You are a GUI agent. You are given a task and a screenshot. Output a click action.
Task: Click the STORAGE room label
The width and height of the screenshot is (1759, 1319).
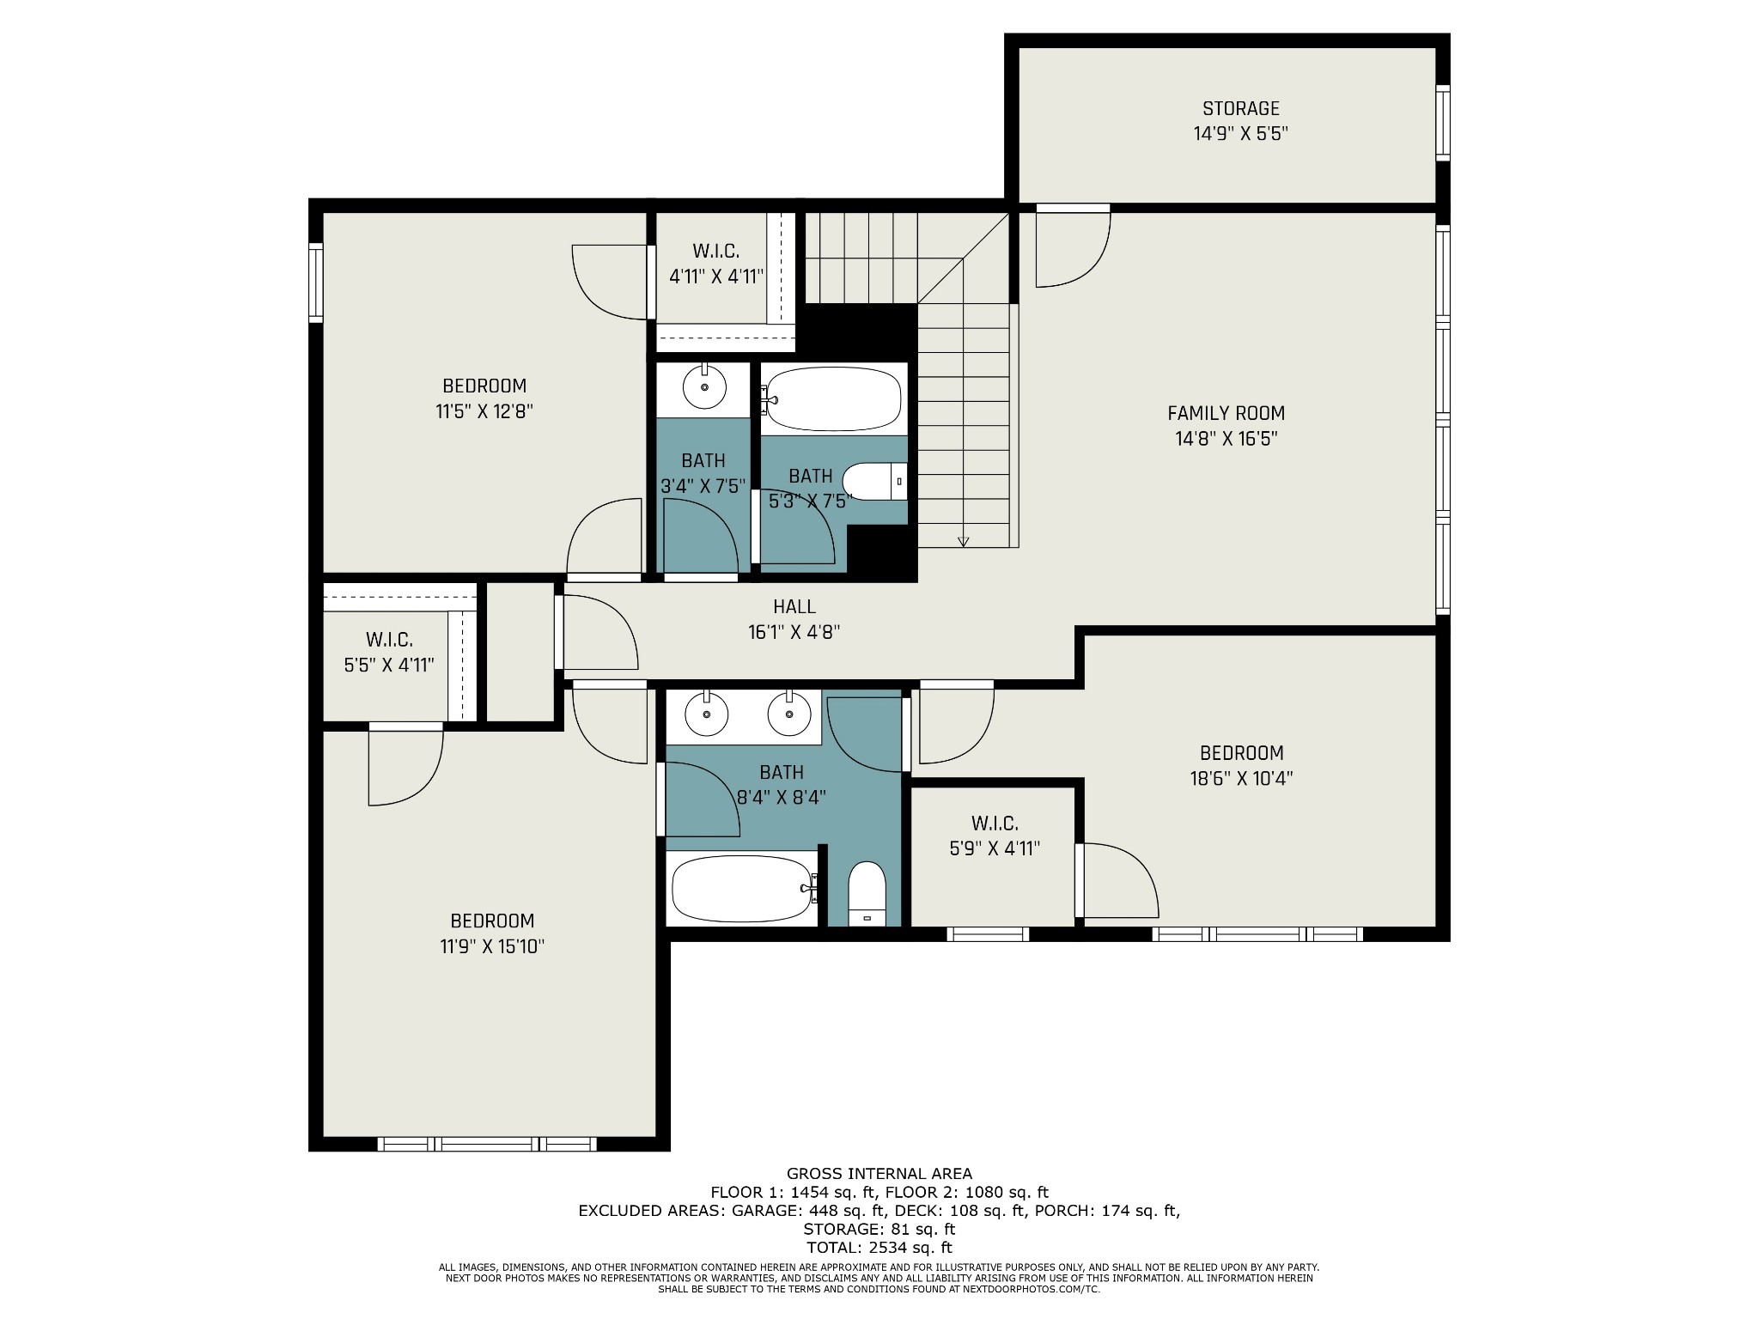[1240, 108]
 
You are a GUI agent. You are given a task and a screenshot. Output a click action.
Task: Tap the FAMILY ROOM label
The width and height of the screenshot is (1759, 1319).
[1226, 413]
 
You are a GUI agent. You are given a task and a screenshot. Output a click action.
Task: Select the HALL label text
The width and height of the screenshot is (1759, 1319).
[794, 607]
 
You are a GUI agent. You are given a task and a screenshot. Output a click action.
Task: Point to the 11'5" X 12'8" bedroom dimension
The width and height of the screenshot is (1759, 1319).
[484, 411]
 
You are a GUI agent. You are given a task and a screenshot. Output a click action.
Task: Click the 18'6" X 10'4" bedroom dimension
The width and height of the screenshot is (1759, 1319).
[1241, 778]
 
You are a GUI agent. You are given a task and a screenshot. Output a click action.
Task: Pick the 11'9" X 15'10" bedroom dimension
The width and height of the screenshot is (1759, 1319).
[492, 946]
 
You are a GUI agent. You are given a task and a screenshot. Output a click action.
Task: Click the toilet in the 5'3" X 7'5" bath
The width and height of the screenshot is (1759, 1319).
[874, 482]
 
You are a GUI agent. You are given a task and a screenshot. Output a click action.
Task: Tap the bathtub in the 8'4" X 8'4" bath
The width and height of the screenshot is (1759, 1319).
[744, 889]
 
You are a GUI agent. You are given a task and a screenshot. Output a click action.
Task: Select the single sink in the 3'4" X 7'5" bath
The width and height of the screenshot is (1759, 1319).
[704, 388]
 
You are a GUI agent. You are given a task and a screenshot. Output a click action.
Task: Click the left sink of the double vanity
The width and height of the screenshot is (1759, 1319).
[707, 714]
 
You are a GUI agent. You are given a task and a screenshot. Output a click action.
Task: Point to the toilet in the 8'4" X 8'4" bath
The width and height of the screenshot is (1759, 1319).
[867, 893]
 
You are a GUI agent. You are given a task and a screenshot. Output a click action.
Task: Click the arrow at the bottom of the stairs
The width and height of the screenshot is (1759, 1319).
[963, 541]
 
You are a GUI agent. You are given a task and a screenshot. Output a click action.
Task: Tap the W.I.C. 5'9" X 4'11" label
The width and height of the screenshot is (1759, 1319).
[995, 836]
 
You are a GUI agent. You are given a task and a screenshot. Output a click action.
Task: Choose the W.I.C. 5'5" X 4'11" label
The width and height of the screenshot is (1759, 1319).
[389, 652]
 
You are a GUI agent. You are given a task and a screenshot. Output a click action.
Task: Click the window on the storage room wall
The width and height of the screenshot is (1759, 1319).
[1443, 123]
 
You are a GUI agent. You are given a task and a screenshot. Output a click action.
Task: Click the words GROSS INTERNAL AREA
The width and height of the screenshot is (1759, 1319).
[879, 1173]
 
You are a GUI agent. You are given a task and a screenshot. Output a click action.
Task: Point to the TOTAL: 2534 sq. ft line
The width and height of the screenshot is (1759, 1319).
[879, 1247]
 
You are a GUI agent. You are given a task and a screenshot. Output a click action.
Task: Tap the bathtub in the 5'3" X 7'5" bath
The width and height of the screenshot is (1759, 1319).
[833, 399]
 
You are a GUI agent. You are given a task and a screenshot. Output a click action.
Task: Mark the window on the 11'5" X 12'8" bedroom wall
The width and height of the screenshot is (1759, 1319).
[316, 283]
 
